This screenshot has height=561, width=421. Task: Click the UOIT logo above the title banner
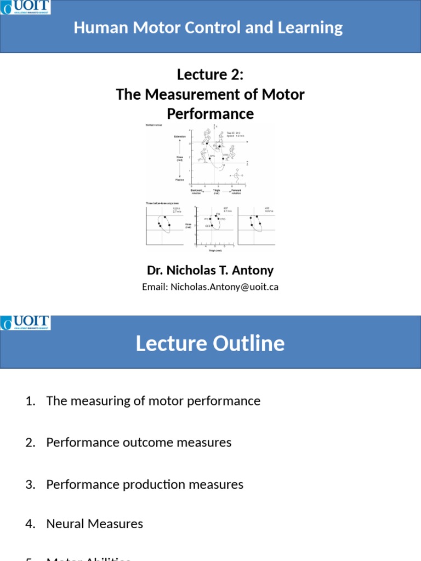[x=25, y=7]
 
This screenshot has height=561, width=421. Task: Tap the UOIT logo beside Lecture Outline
[x=25, y=323]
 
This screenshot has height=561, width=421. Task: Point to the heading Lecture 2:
[x=210, y=75]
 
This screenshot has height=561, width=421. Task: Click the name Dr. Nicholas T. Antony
[x=210, y=270]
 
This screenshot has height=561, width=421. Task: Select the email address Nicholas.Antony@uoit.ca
[x=225, y=287]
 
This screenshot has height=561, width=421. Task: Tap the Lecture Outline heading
[x=210, y=344]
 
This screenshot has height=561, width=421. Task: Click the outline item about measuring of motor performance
[x=153, y=400]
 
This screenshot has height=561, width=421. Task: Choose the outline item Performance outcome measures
[x=139, y=442]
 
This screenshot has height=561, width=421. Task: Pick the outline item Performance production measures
[x=145, y=484]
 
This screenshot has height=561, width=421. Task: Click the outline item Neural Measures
[x=94, y=524]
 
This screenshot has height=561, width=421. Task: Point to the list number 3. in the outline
[x=30, y=484]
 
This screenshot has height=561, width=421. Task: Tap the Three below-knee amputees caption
[x=162, y=203]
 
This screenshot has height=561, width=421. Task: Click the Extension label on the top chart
[x=180, y=136]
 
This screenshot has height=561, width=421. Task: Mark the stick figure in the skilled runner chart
[x=236, y=175]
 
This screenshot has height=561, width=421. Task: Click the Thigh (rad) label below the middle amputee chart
[x=214, y=250]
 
